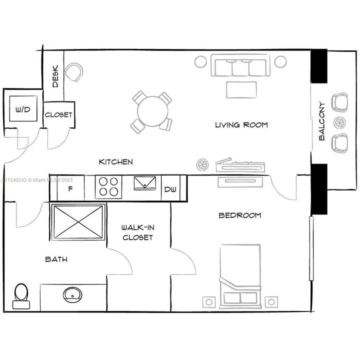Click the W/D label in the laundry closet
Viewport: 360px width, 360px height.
[x=22, y=109]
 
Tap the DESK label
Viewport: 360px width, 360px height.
[x=55, y=76]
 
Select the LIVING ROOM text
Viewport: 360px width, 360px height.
[x=241, y=124]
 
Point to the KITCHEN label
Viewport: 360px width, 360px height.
[x=115, y=161]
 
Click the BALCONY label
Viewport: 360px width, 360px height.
[x=322, y=121]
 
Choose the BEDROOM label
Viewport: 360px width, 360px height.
[x=240, y=215]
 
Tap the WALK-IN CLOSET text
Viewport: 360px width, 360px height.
[x=137, y=232]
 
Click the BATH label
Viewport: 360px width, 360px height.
[x=56, y=259]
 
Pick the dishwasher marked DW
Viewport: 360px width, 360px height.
[x=170, y=189]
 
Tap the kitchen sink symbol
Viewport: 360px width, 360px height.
[x=145, y=183]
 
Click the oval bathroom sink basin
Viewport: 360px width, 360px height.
[x=72, y=293]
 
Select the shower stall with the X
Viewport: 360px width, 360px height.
[x=78, y=221]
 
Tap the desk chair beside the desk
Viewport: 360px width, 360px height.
[x=75, y=71]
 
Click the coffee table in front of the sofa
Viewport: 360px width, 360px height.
[x=241, y=90]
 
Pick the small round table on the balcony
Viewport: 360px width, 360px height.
[x=340, y=122]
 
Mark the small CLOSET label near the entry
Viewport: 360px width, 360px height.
[x=58, y=115]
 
